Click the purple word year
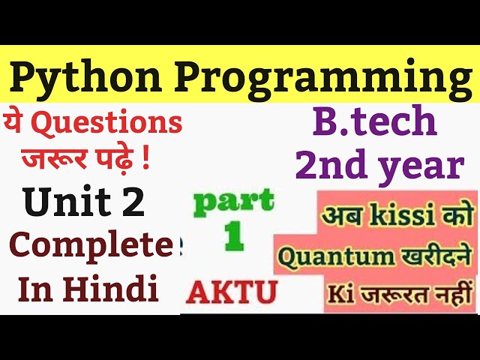coord(420,166)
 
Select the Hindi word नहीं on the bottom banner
coord(447,292)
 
